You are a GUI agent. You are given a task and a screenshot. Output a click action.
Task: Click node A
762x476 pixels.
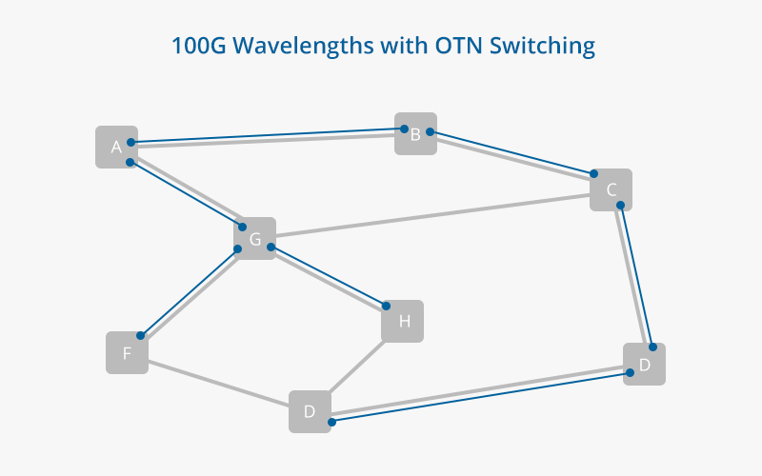[116, 147]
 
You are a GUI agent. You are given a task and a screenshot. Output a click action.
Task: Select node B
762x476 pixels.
[416, 134]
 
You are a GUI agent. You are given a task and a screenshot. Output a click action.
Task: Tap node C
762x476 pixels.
[611, 189]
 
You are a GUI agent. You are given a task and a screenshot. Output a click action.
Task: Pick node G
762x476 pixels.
[255, 239]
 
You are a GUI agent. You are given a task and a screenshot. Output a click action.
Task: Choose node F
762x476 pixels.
[127, 353]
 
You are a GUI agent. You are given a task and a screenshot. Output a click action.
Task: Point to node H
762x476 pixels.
[403, 322]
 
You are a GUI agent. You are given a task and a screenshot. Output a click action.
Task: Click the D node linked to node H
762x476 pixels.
[310, 412]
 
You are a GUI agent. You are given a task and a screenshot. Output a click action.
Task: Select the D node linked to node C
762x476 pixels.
[644, 364]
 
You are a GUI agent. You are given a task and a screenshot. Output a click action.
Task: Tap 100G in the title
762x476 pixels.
[194, 45]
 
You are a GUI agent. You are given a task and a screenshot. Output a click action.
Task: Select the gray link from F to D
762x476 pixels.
[219, 383]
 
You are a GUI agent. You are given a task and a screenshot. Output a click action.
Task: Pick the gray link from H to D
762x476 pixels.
[356, 367]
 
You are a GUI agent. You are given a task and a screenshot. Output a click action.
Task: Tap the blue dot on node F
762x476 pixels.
[140, 335]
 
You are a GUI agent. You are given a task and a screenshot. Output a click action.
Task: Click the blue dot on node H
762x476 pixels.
[387, 307]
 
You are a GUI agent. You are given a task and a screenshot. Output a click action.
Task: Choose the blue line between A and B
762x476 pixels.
[267, 136]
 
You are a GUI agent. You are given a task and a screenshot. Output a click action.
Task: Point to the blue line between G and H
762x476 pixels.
[329, 277]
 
